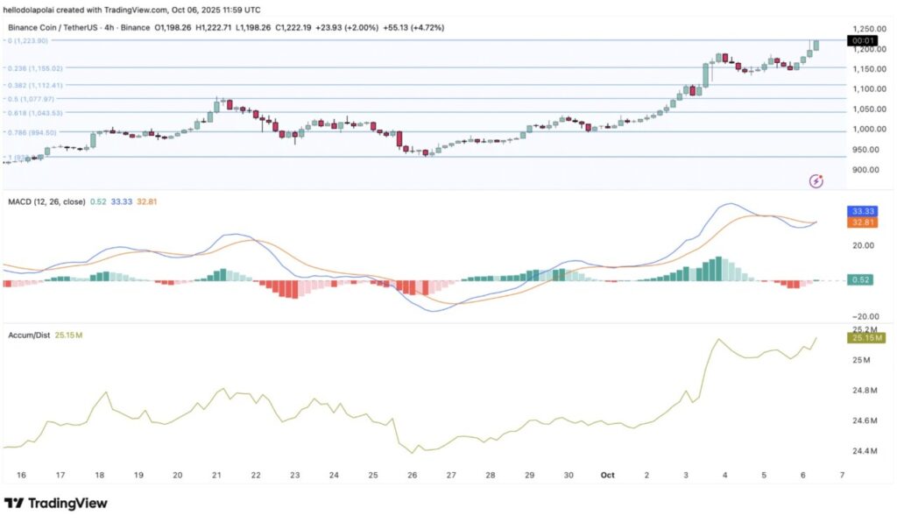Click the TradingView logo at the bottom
click(56, 504)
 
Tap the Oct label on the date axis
click(607, 474)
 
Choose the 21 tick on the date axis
click(216, 474)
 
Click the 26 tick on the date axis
click(413, 474)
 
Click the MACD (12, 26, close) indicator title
click(45, 201)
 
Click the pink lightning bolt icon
click(816, 181)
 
